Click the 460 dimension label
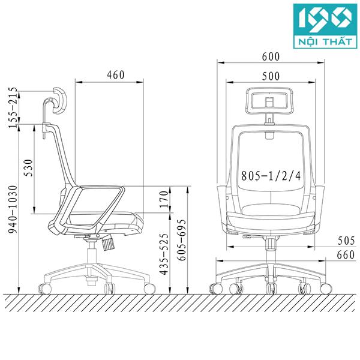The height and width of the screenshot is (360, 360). (115, 75)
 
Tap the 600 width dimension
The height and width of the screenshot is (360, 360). (271, 56)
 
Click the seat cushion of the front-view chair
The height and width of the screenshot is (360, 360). (270, 211)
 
